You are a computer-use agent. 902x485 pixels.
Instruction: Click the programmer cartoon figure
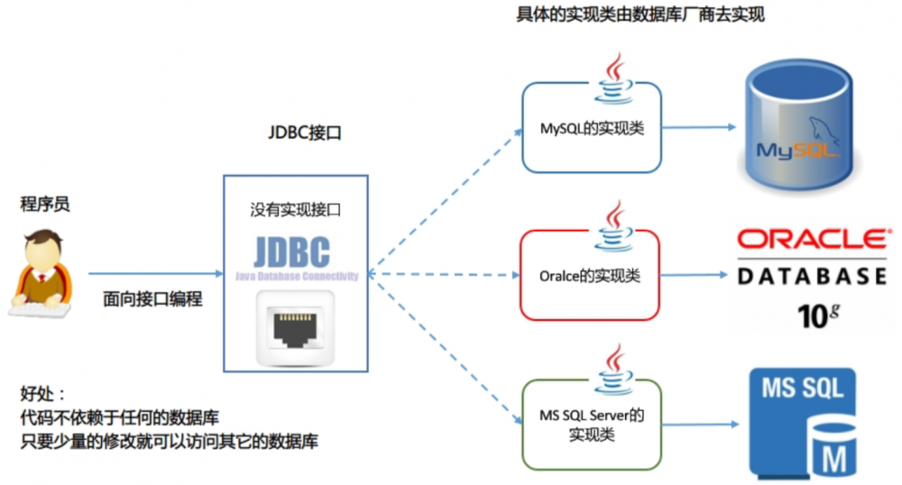(x=41, y=273)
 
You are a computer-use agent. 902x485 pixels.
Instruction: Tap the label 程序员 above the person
(x=45, y=205)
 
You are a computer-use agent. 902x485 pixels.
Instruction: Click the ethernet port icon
(x=295, y=327)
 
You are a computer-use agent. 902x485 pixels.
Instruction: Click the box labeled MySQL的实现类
(x=592, y=128)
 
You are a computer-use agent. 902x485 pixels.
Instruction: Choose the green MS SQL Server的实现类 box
(x=591, y=425)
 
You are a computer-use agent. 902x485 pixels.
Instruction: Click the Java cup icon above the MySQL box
(x=616, y=75)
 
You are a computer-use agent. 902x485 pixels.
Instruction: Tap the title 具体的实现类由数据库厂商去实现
(x=640, y=15)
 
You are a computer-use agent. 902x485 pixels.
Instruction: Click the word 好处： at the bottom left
(x=43, y=393)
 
